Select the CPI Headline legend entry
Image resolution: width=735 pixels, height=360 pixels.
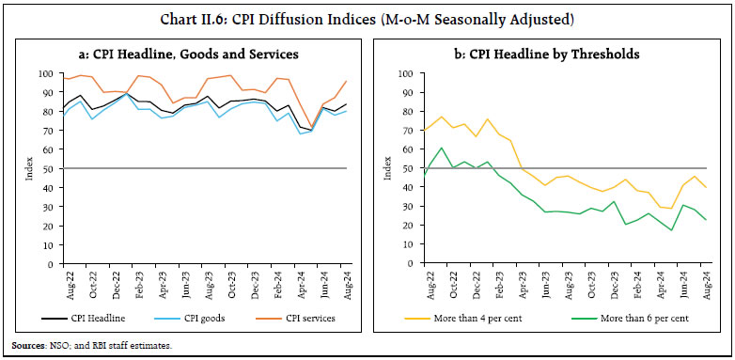[86, 318]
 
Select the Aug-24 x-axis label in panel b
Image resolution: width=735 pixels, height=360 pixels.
[707, 283]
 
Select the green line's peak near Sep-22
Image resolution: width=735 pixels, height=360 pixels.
[441, 148]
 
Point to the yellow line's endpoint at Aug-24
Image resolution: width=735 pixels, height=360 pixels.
[707, 188]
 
